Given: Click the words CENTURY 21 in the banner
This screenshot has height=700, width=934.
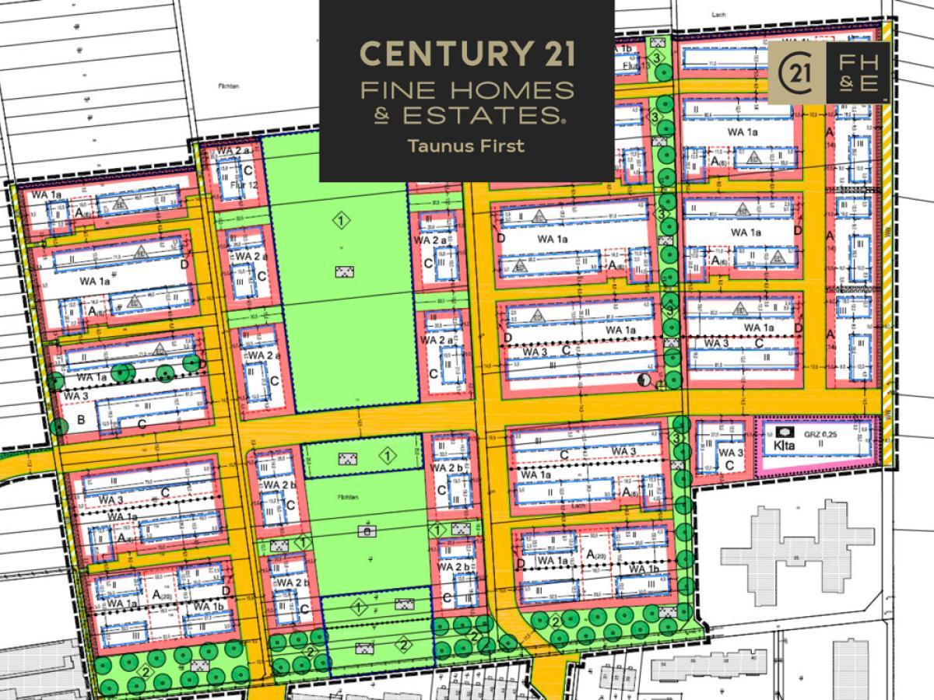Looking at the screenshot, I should (x=467, y=55).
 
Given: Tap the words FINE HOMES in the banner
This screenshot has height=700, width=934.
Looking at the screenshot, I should (x=467, y=90).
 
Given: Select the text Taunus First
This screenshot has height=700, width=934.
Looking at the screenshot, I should (x=467, y=145).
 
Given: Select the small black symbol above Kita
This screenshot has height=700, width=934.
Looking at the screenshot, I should (x=785, y=432).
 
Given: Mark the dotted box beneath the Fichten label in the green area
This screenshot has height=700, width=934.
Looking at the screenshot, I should (x=364, y=530).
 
